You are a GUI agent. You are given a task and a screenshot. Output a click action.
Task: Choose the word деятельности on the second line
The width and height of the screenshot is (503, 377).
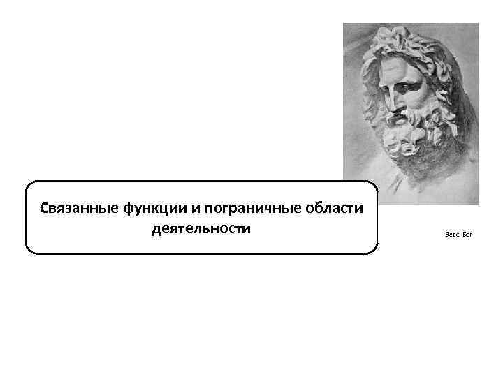click(x=201, y=228)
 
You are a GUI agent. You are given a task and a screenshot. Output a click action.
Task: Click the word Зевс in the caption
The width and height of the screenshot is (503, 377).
click(x=451, y=235)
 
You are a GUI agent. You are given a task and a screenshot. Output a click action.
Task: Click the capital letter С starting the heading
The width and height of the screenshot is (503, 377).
click(x=44, y=209)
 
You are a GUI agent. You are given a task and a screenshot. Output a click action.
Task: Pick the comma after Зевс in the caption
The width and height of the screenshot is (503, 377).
click(x=460, y=237)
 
